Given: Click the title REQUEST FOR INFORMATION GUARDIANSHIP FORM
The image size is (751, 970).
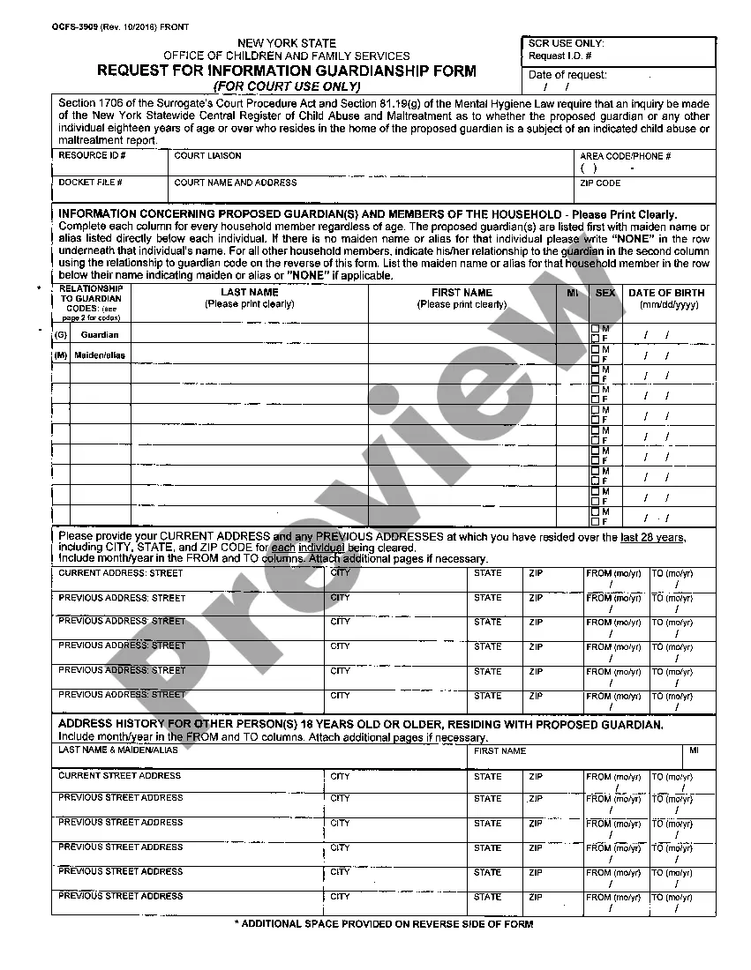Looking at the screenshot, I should (286, 71).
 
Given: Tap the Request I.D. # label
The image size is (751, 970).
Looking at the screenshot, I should (559, 56).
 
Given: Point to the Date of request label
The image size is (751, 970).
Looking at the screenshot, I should (567, 75).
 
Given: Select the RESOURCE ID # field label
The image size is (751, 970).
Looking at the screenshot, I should (92, 156).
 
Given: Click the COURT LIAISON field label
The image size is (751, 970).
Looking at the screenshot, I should (207, 156).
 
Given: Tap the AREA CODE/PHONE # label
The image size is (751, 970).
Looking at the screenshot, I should (625, 156).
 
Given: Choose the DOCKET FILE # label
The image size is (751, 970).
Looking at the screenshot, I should (90, 183).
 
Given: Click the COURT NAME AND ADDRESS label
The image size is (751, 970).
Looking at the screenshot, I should (236, 183).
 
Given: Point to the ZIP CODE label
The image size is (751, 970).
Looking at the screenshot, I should (600, 183).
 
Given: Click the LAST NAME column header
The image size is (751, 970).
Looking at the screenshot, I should (250, 293).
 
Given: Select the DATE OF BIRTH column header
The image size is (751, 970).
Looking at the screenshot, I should (666, 293).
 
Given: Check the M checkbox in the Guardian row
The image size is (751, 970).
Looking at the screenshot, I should (596, 330).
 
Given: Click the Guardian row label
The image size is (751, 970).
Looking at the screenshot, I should (99, 335).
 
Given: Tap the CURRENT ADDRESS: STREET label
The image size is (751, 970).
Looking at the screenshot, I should (121, 573).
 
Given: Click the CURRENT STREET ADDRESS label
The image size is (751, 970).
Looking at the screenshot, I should (119, 776).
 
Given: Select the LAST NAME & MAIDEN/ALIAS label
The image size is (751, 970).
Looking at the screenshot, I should (118, 750).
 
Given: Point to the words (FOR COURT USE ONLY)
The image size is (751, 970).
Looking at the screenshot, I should (287, 86).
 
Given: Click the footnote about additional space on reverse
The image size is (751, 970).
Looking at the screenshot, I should (383, 924).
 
